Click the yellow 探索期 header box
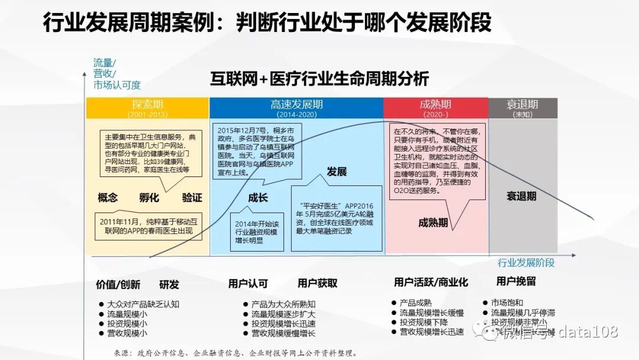[147, 108]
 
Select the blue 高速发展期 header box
[296, 108]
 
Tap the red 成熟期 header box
[435, 108]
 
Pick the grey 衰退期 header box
[522, 108]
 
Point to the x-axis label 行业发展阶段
[527, 263]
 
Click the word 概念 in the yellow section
[108, 198]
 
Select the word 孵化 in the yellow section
[150, 198]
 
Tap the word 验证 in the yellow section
[192, 198]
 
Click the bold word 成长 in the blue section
[258, 198]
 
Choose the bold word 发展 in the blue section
[337, 172]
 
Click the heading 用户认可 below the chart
[248, 284]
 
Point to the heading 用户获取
[318, 284]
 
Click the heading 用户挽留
[516, 281]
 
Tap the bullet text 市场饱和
[507, 303]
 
